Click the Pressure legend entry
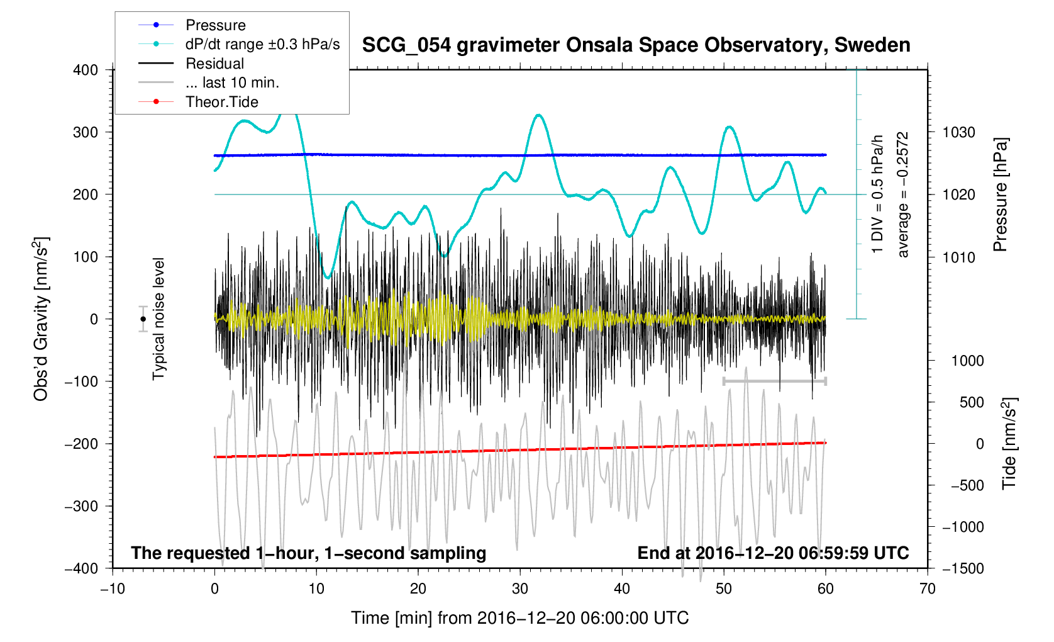click(215, 25)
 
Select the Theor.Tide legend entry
click(221, 102)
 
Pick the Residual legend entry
click(214, 64)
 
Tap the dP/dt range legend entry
click(262, 44)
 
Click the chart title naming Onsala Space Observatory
click(636, 45)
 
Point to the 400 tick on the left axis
click(86, 70)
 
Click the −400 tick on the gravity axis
click(82, 568)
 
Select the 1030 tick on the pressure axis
click(958, 132)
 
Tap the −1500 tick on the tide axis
click(962, 568)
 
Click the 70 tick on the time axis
click(927, 589)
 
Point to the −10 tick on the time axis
click(113, 589)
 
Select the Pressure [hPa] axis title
click(1000, 195)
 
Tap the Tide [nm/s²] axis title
click(1009, 443)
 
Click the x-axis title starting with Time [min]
click(519, 618)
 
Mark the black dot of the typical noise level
click(143, 319)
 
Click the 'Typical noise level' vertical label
click(158, 318)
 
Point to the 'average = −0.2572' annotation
click(903, 194)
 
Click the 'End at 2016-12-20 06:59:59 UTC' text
click(773, 553)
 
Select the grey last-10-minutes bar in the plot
click(774, 381)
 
